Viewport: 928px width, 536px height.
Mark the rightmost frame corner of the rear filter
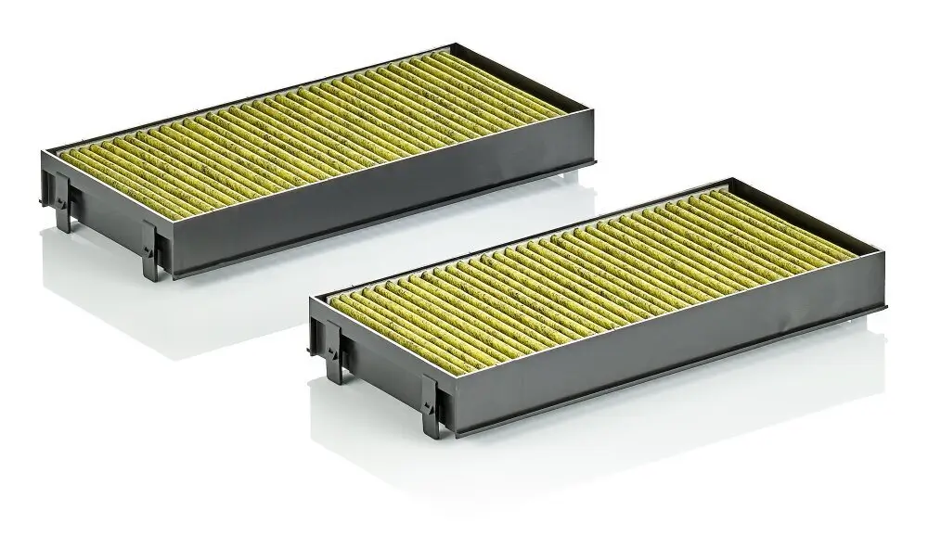tap(595, 130)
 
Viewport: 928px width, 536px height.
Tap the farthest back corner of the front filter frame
tap(733, 180)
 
